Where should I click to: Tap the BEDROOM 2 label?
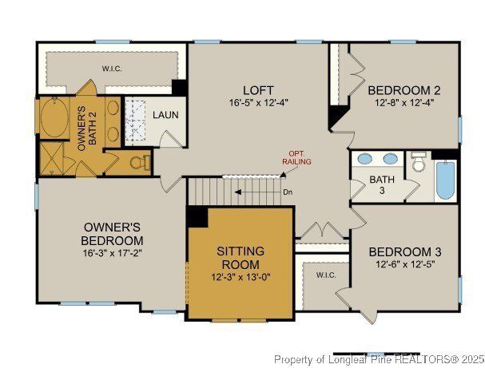398,89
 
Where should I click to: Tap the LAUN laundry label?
166,115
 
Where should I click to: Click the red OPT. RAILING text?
296,158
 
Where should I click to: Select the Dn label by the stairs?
288,192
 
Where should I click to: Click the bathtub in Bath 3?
445,181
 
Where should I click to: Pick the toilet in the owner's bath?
141,163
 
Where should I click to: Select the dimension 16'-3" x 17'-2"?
112,252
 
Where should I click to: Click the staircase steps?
224,191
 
